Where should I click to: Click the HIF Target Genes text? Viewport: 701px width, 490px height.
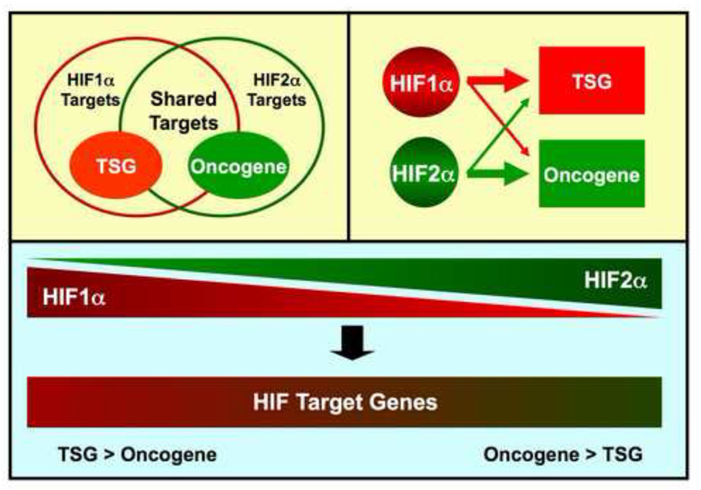[x=345, y=402]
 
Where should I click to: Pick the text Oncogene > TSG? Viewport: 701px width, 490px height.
[x=563, y=455]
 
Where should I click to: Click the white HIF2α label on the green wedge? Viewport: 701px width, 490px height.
[x=615, y=278]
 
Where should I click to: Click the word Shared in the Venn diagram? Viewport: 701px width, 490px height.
[x=183, y=100]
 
